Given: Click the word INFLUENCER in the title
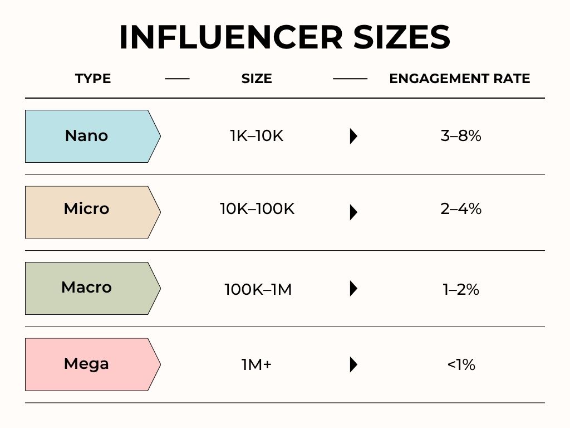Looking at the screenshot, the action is (x=231, y=37).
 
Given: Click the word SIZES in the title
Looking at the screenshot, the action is (x=402, y=37).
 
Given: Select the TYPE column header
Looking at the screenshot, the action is (x=93, y=79).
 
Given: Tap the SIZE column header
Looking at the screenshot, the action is (x=257, y=79).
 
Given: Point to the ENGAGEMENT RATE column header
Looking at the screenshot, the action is (x=459, y=79).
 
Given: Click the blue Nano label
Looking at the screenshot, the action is (x=93, y=136).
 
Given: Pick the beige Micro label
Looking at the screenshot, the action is (x=93, y=212).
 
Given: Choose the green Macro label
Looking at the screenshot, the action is (x=93, y=288).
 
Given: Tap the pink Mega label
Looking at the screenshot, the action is (x=93, y=364).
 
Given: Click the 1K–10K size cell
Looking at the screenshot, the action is (x=257, y=136).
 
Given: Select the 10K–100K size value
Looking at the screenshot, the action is (x=257, y=209).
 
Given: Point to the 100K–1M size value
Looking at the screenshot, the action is (x=258, y=290).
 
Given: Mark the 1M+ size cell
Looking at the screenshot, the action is (x=257, y=364).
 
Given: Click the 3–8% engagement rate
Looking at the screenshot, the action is (x=461, y=136).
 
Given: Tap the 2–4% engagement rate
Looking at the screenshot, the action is (x=461, y=209).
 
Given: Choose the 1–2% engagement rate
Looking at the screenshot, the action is (x=461, y=290).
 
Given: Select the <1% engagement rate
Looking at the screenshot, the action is (x=461, y=364).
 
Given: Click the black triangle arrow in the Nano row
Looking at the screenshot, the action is (x=353, y=136).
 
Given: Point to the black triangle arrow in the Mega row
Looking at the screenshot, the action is (x=353, y=364).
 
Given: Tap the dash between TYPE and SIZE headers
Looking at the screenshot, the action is (x=178, y=79).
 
